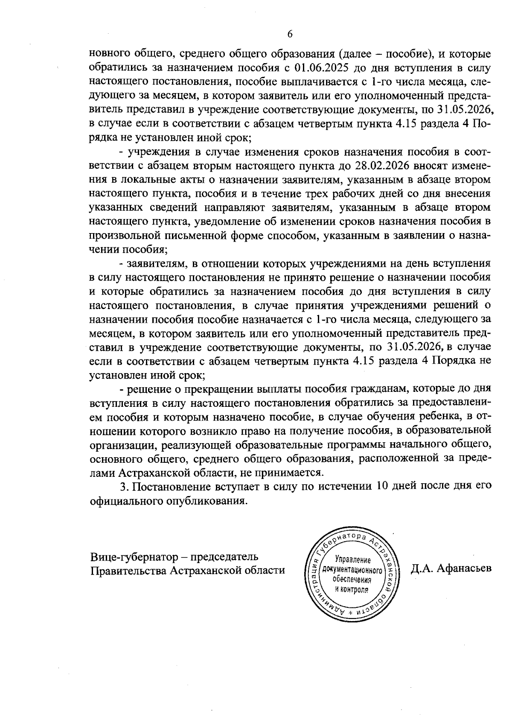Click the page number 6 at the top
pos(290,34)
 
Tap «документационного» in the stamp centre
pos(352,569)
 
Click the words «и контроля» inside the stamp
pos(352,589)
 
